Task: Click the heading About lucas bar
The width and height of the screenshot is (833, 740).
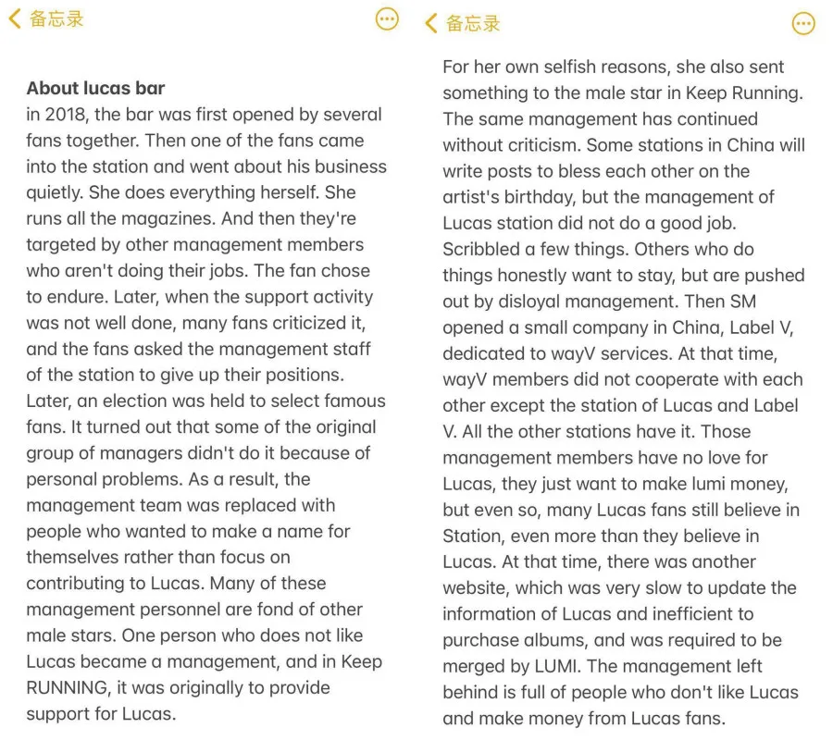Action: coord(95,89)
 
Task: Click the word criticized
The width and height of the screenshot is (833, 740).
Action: coord(289,323)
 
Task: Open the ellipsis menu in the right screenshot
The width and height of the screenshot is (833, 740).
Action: coord(803,23)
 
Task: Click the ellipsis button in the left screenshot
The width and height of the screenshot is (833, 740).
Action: coord(387,18)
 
